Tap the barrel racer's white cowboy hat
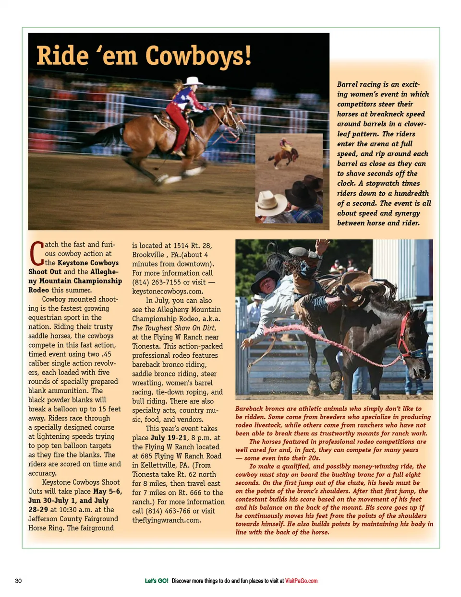click(x=193, y=81)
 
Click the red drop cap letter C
click(x=36, y=254)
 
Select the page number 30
click(x=18, y=581)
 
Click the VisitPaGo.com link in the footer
click(x=301, y=581)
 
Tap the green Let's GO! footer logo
click(x=157, y=581)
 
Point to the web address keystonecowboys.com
click(x=168, y=292)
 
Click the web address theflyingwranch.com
click(x=167, y=520)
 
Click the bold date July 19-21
click(x=169, y=438)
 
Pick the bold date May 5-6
click(x=107, y=492)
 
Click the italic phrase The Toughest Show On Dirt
click(x=174, y=328)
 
